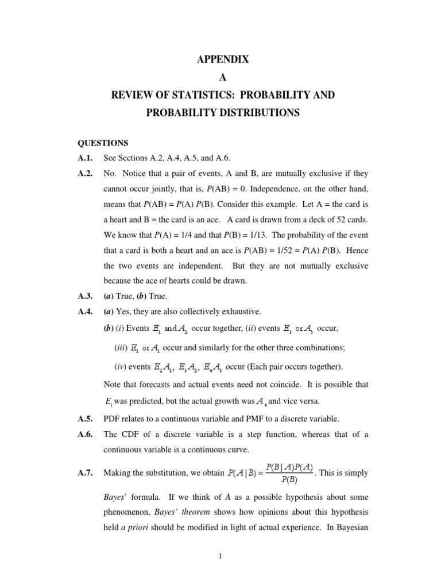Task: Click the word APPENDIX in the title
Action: pos(220,58)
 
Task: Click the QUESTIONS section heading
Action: pos(103,143)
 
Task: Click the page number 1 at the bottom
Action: pos(220,560)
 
